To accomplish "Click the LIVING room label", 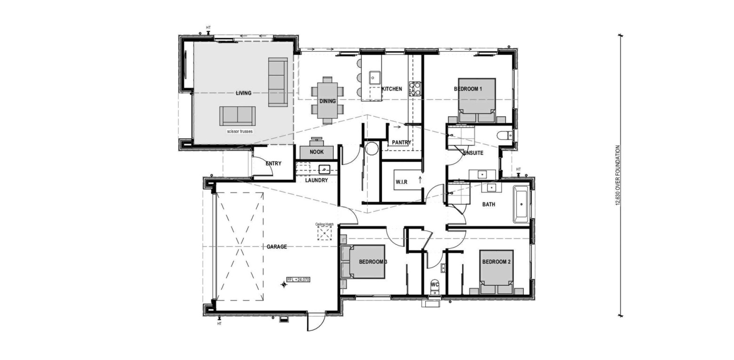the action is (x=243, y=93).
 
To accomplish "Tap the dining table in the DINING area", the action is (x=327, y=100).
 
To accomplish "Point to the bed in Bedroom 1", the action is (x=477, y=100).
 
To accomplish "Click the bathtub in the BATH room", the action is (x=521, y=204).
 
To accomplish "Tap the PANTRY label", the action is (x=401, y=143).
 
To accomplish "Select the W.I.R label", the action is (x=401, y=182).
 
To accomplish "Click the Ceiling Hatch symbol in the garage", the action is (x=324, y=233).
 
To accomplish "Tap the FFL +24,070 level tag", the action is (x=298, y=280).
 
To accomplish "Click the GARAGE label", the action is (x=277, y=247).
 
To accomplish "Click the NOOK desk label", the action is (x=317, y=152).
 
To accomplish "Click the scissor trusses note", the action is (x=240, y=131).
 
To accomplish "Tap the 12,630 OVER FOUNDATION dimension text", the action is (x=618, y=176).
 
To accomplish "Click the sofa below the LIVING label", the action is (x=238, y=116).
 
